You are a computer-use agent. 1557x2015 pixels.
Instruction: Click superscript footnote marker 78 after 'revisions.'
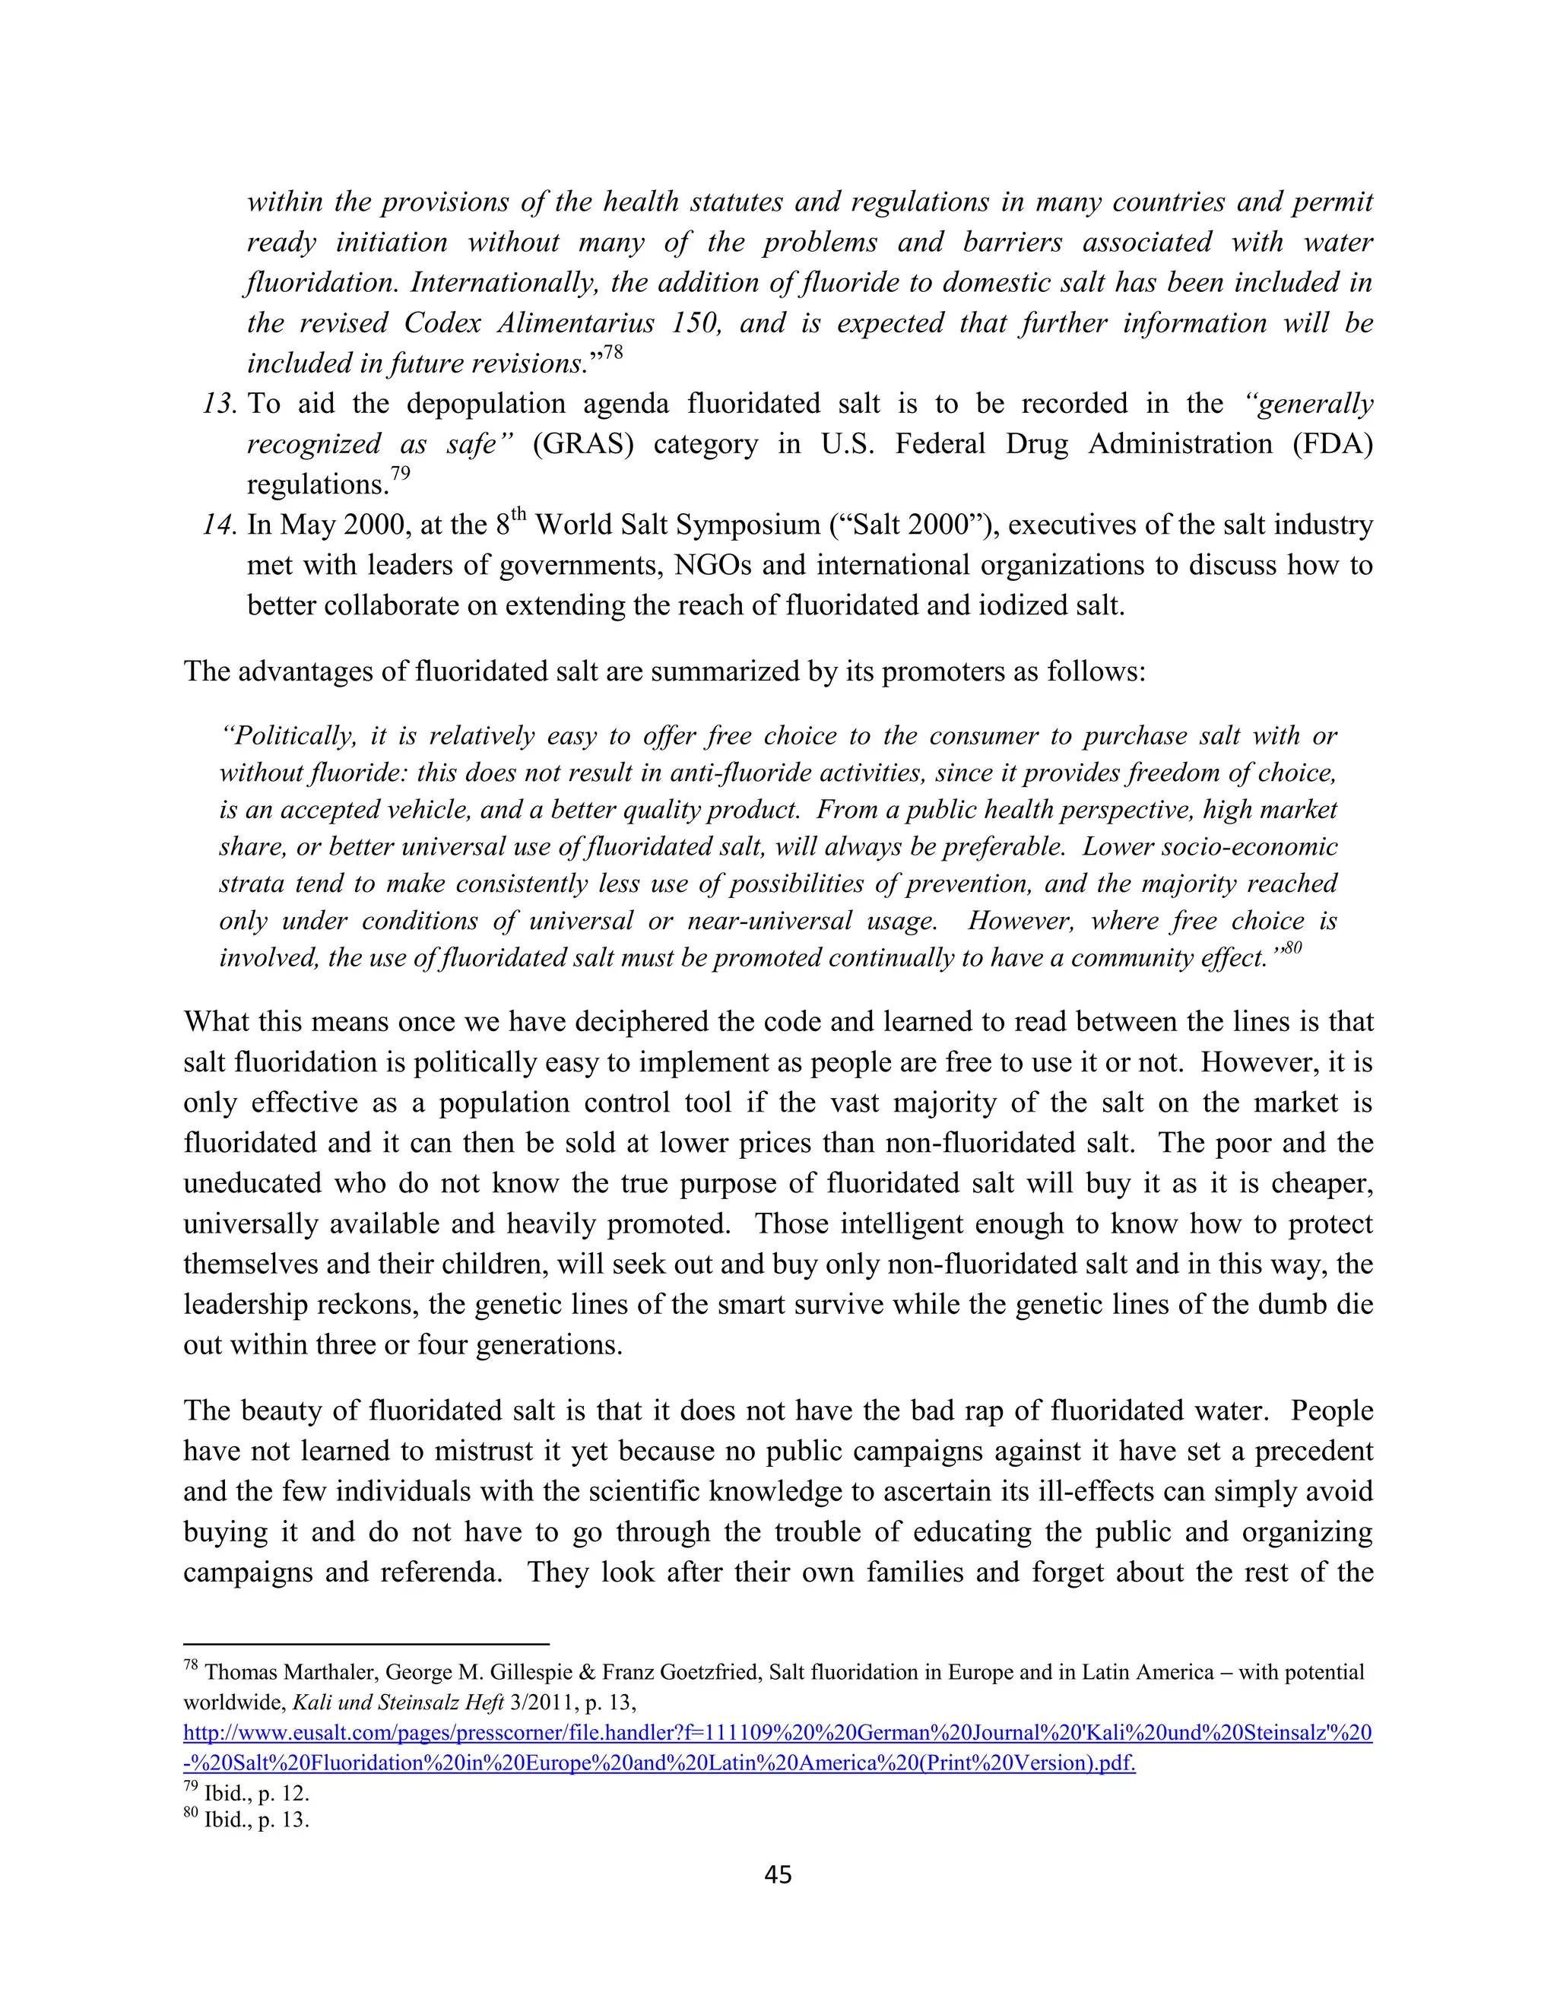(613, 354)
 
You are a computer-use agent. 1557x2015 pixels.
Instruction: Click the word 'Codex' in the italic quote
(441, 323)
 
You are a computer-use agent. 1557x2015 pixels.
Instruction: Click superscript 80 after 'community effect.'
(1293, 947)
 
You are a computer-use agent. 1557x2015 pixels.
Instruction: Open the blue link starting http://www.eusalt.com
(777, 1733)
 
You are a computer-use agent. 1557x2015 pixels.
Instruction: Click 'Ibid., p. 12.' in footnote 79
(256, 1794)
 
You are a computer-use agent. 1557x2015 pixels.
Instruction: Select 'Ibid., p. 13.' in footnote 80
(256, 1820)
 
